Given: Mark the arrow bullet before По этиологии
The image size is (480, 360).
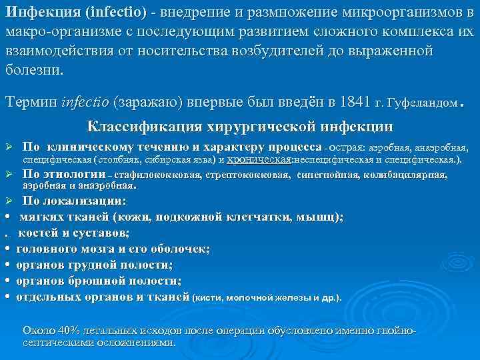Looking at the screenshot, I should pyautogui.click(x=9, y=175).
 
